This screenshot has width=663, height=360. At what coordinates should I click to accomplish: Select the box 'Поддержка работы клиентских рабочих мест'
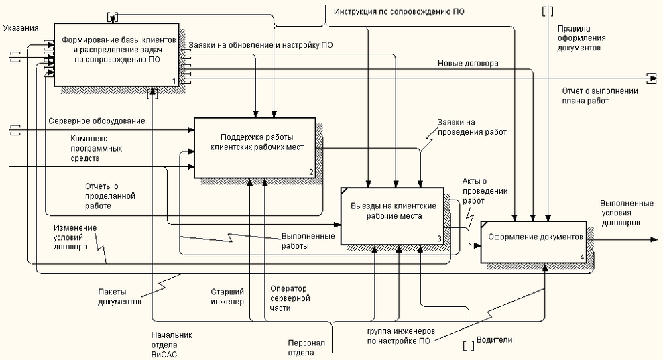(x=253, y=147)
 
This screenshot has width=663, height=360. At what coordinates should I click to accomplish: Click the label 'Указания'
(x=20, y=27)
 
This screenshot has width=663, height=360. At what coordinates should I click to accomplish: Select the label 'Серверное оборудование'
(x=97, y=121)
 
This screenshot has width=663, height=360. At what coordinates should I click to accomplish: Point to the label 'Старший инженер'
(x=227, y=296)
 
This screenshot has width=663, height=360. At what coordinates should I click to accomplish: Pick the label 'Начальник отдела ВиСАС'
(x=171, y=344)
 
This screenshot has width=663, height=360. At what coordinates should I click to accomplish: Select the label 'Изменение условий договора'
(x=75, y=237)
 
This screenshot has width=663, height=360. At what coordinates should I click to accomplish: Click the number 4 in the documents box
(x=582, y=257)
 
